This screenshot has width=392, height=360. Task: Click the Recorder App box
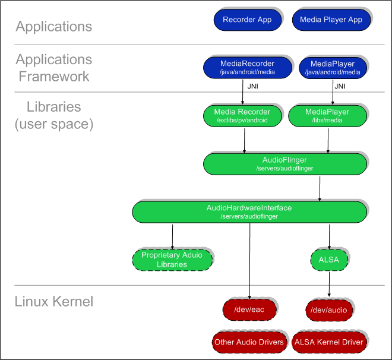pyautogui.click(x=247, y=20)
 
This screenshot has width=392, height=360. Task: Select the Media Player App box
pyautogui.click(x=331, y=20)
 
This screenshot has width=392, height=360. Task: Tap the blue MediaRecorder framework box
pyautogui.click(x=247, y=67)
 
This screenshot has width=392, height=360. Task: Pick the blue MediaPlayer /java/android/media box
pyautogui.click(x=332, y=67)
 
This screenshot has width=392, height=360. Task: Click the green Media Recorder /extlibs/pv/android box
pyautogui.click(x=242, y=115)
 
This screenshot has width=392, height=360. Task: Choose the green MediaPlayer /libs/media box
pyautogui.click(x=327, y=115)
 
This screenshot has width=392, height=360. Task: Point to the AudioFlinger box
pyautogui.click(x=284, y=163)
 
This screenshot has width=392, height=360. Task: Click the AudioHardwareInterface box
pyautogui.click(x=249, y=211)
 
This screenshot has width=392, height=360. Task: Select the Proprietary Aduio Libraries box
pyautogui.click(x=172, y=259)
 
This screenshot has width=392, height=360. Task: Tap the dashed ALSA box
pyautogui.click(x=329, y=259)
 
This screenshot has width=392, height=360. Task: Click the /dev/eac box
pyautogui.click(x=249, y=310)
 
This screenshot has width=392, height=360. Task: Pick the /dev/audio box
pyautogui.click(x=330, y=310)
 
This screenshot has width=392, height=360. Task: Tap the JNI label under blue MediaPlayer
pyautogui.click(x=340, y=86)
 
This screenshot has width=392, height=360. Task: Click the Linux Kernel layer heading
pyautogui.click(x=54, y=301)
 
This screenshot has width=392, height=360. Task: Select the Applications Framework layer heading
pyautogui.click(x=54, y=68)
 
